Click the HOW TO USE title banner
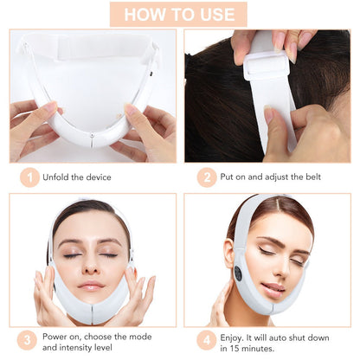click(x=179, y=14)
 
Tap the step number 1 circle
click(x=30, y=177)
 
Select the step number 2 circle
click(x=206, y=177)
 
